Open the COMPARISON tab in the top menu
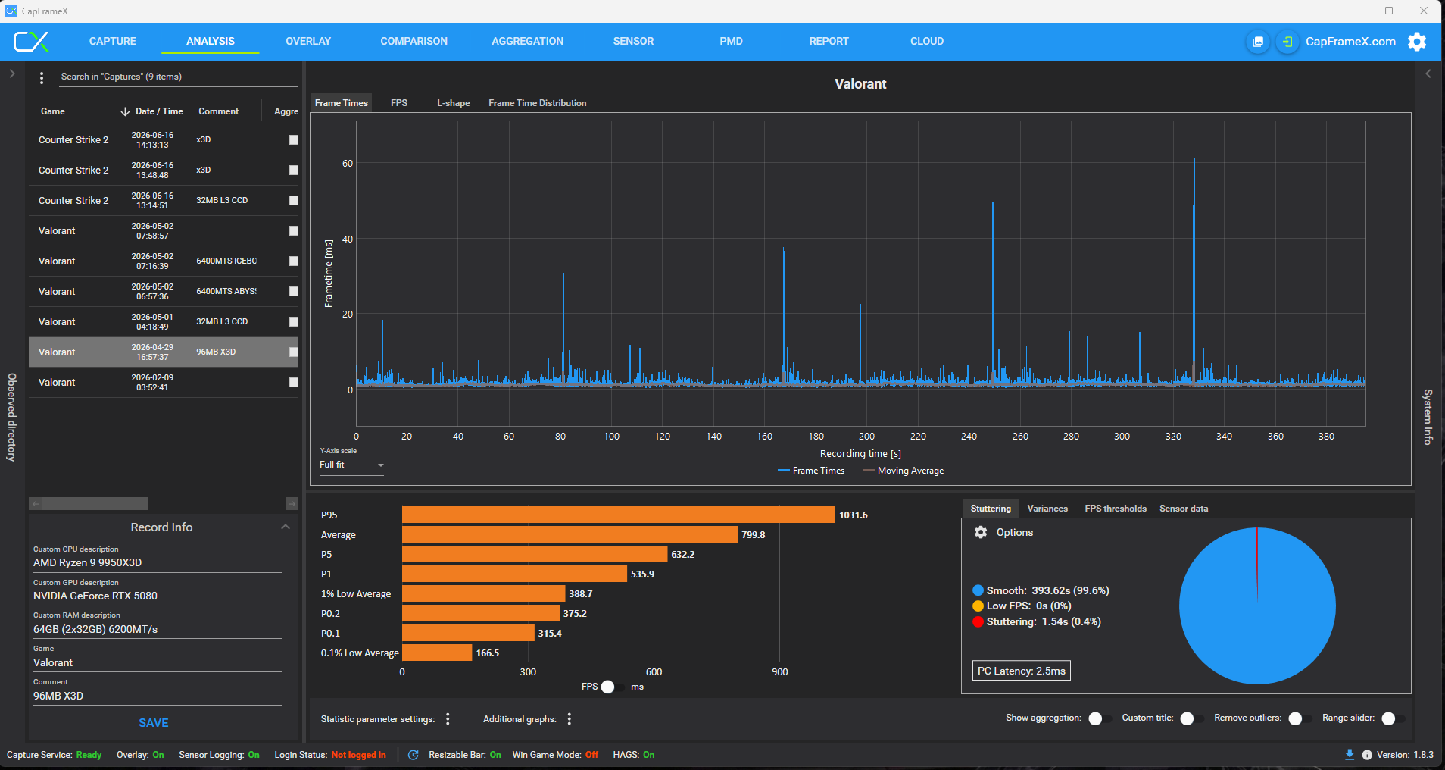tap(414, 41)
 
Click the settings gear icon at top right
tap(1416, 42)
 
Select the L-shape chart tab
tap(453, 103)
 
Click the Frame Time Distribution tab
tap(537, 103)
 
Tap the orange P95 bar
tap(618, 515)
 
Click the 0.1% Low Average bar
tap(437, 653)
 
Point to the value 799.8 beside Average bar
tap(753, 535)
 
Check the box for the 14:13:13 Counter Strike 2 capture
tap(294, 140)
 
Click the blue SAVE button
tap(154, 723)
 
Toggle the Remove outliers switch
tap(1300, 718)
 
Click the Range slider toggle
tap(1393, 718)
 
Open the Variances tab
tap(1047, 509)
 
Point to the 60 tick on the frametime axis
tap(348, 164)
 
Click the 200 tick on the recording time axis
tap(867, 437)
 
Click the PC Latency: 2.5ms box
tap(1022, 671)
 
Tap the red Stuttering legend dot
tap(978, 621)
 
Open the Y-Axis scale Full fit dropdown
tap(352, 465)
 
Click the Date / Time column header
tap(159, 111)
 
